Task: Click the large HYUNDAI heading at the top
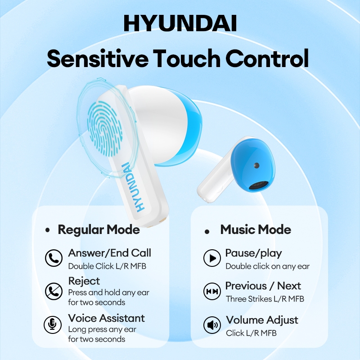(x=180, y=23)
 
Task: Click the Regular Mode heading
(x=99, y=230)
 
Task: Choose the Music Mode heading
(x=256, y=230)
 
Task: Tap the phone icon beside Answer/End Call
(x=54, y=258)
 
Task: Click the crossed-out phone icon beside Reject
(x=54, y=291)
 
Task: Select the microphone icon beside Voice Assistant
(x=54, y=324)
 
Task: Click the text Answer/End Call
(x=109, y=253)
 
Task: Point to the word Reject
(x=84, y=281)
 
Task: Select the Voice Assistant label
(x=106, y=319)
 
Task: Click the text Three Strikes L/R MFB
(x=265, y=299)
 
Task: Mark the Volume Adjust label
(x=262, y=320)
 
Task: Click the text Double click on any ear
(x=267, y=266)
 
